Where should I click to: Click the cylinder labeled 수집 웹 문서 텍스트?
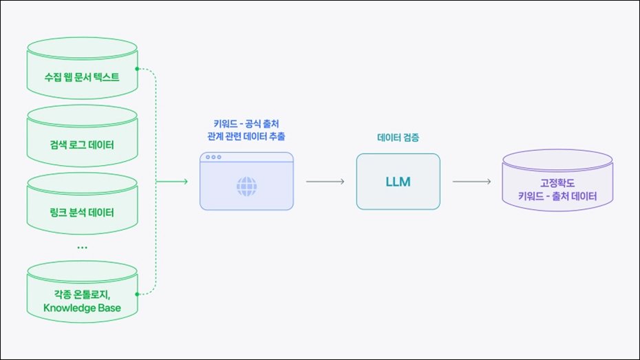tap(82, 69)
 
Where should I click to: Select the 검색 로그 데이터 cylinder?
tap(82, 138)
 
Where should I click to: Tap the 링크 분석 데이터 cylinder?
tap(82, 204)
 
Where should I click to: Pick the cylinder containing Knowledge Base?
tap(82, 293)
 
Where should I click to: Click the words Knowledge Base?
tap(82, 308)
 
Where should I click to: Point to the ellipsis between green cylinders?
tap(82, 246)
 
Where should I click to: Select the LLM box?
tap(398, 182)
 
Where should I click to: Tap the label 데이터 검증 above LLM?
tap(398, 138)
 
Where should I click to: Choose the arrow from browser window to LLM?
tap(325, 182)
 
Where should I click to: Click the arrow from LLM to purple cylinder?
tap(471, 182)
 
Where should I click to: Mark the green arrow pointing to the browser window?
tap(173, 182)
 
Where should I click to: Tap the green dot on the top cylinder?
tap(138, 69)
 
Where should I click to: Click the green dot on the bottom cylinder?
tap(138, 294)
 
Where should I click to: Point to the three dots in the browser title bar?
tap(213, 158)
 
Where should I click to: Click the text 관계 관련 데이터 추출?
tap(246, 136)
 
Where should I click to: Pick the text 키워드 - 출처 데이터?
tap(557, 197)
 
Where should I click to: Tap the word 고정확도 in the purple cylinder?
tap(557, 183)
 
